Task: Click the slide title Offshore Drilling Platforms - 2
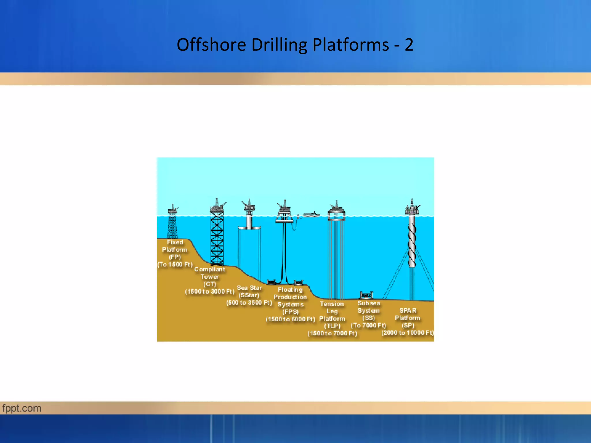(295, 45)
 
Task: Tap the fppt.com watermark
(22, 408)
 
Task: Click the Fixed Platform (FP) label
(175, 249)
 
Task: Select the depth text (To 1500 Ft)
(175, 264)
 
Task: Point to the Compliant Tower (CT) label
(210, 276)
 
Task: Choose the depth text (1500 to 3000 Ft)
(210, 292)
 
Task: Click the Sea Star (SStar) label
(249, 291)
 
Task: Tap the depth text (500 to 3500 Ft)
(249, 303)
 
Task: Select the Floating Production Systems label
(290, 301)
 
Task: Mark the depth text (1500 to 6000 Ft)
(290, 319)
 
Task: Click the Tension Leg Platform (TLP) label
(332, 315)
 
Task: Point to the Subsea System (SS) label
(369, 310)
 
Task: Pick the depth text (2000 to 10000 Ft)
(408, 333)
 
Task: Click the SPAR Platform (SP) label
(408, 318)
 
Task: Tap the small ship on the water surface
(311, 214)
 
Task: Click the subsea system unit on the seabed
(366, 295)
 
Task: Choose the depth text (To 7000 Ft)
(369, 325)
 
